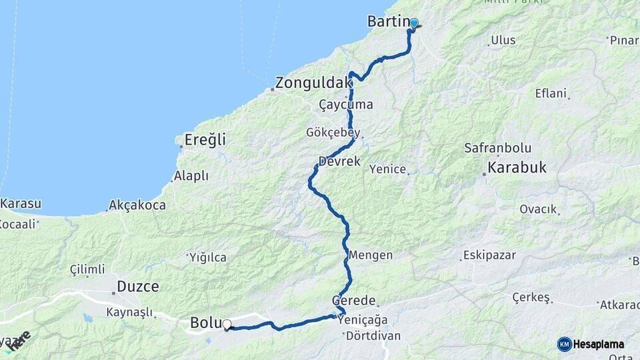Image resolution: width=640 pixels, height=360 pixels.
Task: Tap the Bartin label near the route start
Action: [x=387, y=21]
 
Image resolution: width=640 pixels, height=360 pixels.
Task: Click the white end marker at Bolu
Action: [x=227, y=325]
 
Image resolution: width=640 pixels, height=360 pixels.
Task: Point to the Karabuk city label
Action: [x=517, y=168]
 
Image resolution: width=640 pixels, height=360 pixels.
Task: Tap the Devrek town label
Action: [x=339, y=161]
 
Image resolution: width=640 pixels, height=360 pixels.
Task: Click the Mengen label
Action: [x=370, y=255]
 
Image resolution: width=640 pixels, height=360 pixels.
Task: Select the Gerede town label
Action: [x=354, y=301]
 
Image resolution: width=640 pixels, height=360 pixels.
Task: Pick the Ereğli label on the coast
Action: [x=205, y=140]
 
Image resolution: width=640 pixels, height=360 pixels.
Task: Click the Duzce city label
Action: [x=138, y=287]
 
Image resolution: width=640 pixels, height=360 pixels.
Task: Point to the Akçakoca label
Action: [x=137, y=205]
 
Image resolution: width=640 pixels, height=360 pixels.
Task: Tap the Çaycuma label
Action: [x=346, y=105]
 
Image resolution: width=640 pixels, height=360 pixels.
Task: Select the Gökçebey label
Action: [x=333, y=132]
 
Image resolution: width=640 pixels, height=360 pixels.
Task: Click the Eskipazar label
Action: [x=489, y=255]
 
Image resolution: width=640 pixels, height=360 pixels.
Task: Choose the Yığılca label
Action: [x=207, y=257]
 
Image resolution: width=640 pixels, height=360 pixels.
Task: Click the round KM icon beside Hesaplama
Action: [x=564, y=344]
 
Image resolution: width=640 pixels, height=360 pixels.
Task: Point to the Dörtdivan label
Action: [x=373, y=335]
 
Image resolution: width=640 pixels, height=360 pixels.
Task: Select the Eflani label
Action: [x=551, y=93]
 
